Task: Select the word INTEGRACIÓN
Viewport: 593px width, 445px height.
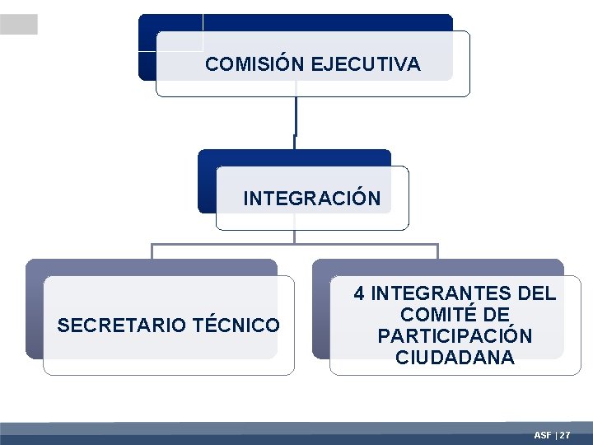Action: tap(312, 199)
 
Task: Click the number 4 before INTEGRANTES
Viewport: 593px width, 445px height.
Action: tap(360, 294)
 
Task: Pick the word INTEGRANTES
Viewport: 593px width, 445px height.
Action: tap(428, 294)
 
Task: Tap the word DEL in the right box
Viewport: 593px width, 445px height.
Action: tap(536, 294)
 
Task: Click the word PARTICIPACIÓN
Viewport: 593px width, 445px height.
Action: tap(455, 337)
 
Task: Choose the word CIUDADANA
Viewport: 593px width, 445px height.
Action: tap(455, 358)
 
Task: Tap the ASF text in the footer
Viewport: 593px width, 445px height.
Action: tap(543, 434)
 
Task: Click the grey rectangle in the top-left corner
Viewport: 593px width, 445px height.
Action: tap(18, 25)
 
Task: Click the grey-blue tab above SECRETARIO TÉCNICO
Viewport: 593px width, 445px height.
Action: tap(152, 266)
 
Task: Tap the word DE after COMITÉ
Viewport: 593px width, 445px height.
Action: tap(498, 316)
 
